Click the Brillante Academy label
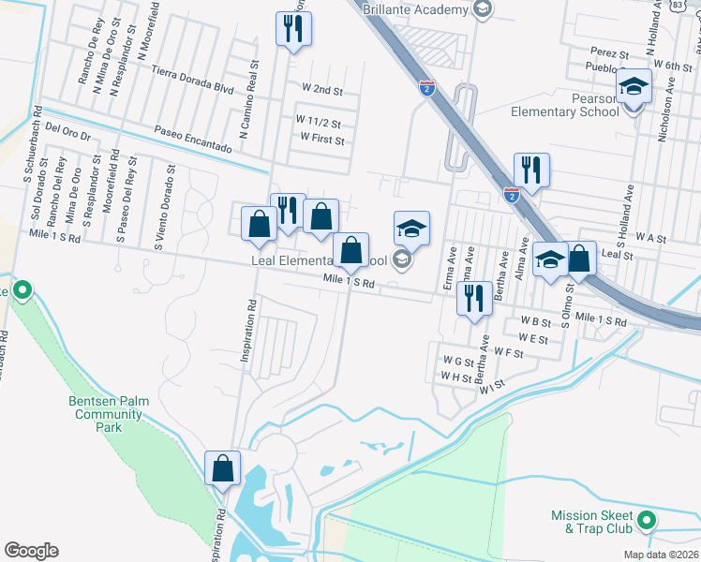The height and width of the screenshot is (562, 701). (x=422, y=9)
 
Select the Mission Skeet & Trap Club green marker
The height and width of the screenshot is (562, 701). (x=645, y=518)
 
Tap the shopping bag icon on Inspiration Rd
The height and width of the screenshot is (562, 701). (x=223, y=466)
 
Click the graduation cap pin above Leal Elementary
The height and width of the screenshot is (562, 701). (x=411, y=228)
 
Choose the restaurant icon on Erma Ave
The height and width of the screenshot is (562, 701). (x=474, y=298)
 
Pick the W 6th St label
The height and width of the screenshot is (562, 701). (x=672, y=67)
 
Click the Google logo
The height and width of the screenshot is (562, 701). (x=31, y=550)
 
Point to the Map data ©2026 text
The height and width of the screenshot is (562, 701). (x=661, y=555)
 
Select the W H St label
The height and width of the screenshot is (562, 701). (x=456, y=377)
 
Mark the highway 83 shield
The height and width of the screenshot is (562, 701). (x=678, y=5)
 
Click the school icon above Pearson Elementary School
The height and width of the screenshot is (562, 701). (x=634, y=87)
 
